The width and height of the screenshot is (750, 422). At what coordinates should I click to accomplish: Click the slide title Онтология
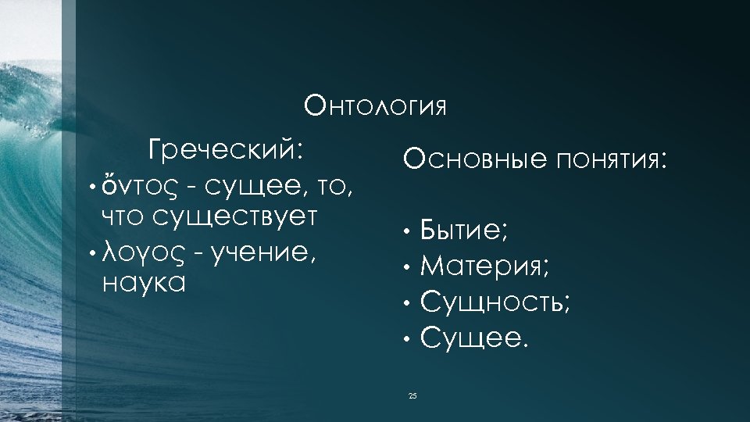375,105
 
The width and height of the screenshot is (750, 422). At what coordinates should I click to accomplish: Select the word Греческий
226,148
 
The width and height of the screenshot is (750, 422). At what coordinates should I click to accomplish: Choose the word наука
144,282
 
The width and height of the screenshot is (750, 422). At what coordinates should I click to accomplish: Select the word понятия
612,162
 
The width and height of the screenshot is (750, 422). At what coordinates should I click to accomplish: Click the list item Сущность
495,302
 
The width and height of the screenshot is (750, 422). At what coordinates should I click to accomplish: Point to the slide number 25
412,397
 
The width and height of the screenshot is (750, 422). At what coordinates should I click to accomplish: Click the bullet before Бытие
407,232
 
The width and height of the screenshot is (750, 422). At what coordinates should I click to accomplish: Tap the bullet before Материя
407,268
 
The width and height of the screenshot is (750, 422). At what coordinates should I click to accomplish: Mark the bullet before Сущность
407,304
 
